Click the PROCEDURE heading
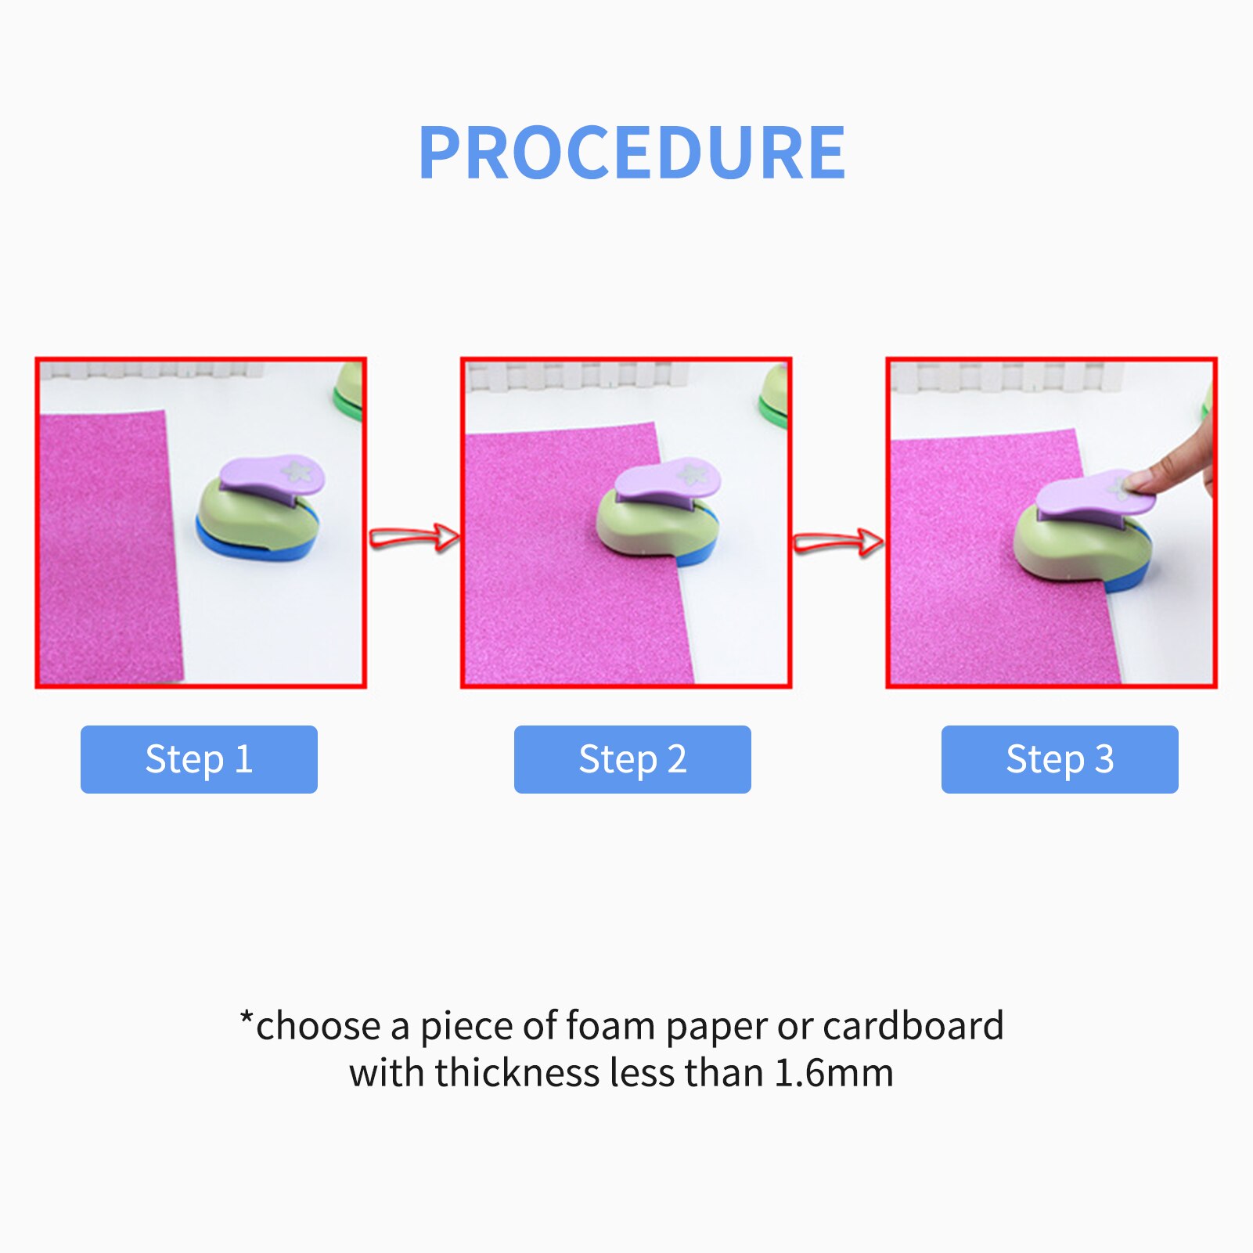pos(632,153)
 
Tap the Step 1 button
pos(199,759)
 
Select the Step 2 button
pos(632,759)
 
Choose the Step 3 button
pos(1060,759)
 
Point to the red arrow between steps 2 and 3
pos(839,542)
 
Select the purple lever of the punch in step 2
pos(667,481)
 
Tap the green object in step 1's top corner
pos(349,392)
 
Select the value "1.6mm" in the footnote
pos(834,1073)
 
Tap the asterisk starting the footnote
pos(247,1018)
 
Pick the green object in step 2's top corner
pos(774,395)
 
